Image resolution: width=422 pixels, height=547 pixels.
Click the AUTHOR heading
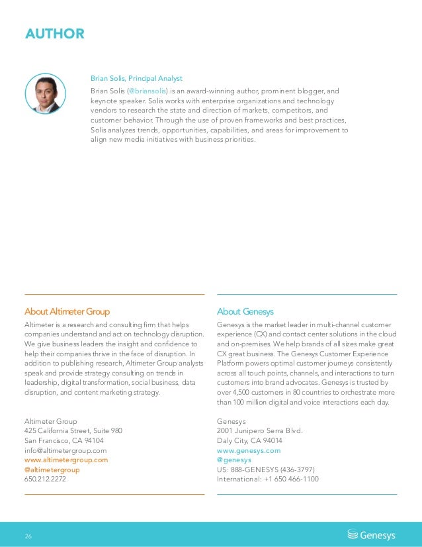point(54,34)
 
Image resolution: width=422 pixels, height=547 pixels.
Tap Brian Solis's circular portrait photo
point(45,94)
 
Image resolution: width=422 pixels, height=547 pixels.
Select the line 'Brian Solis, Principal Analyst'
point(136,79)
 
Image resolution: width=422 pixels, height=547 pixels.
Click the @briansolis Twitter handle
point(147,91)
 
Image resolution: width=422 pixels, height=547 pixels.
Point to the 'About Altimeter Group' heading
point(67,311)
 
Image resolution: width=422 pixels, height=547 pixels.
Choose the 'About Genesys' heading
point(245,311)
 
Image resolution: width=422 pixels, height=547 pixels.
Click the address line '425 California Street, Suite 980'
point(73,431)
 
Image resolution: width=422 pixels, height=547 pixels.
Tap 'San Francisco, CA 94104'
point(63,440)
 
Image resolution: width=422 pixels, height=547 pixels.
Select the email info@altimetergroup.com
point(65,450)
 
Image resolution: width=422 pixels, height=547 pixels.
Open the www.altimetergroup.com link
point(65,460)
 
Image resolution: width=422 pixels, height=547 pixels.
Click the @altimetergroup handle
point(52,470)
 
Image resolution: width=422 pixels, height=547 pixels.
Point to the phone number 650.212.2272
point(45,479)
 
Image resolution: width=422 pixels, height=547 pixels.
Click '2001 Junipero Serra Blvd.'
point(259,431)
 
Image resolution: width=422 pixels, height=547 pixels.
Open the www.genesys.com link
point(249,450)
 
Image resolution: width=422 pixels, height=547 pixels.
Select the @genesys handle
point(233,460)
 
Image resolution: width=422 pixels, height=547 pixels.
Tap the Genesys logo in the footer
point(372,534)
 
